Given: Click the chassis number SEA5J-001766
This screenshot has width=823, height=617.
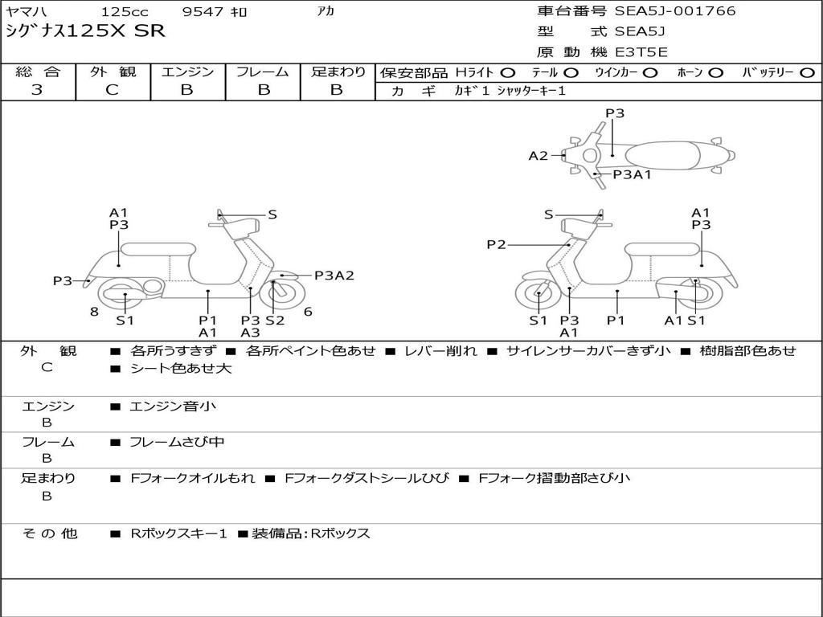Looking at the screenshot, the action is pos(675,11).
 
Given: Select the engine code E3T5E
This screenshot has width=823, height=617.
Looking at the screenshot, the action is pos(641,52).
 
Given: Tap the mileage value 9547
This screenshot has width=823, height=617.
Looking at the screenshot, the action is pos(203,12).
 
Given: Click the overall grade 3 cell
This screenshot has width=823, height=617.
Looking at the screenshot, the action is pos(37,90).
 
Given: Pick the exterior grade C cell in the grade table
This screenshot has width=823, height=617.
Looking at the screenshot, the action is pos(113,90).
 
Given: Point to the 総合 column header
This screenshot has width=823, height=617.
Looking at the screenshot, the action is pos(37,72).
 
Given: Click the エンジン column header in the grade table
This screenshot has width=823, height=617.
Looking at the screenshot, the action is pos(187,72).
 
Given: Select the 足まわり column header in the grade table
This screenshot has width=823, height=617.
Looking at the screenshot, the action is pos(338,72).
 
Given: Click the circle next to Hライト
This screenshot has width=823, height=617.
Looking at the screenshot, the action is pos(508,72).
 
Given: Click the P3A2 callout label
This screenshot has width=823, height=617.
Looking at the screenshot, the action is pos(334,276).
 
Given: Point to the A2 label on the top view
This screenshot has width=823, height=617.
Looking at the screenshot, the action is pos(538,156).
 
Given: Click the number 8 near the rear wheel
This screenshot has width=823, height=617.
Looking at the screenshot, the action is pos(94,312).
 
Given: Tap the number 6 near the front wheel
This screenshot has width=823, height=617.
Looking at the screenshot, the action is pos(308,312).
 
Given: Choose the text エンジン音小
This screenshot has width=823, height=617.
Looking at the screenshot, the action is pos(172,407).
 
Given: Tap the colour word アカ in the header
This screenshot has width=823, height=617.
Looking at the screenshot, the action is pos(325,12).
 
